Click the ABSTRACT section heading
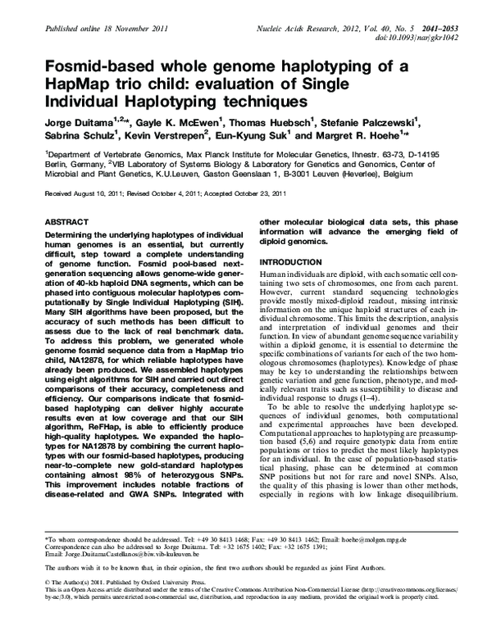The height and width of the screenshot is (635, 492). tap(66, 222)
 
